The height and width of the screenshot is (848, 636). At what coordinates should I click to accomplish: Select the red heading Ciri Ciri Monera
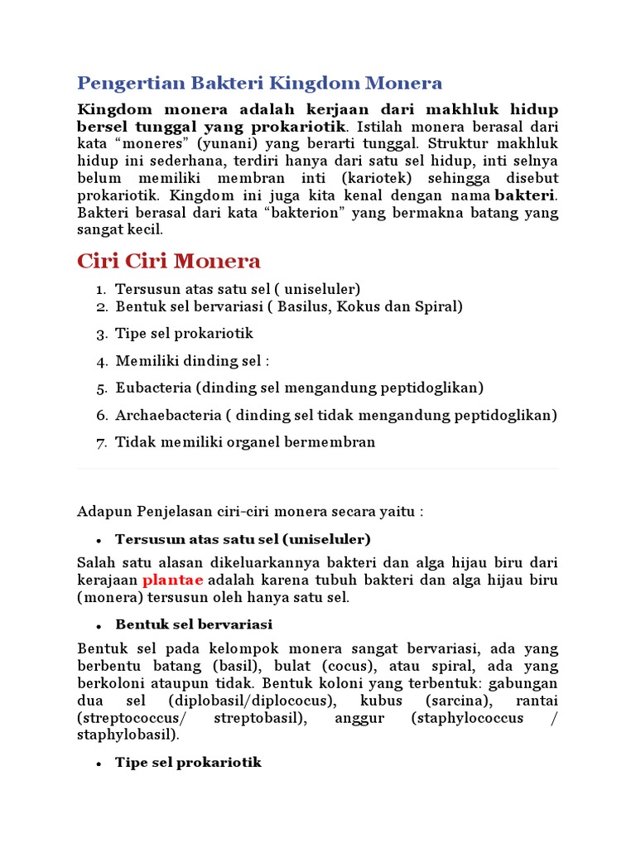point(169,262)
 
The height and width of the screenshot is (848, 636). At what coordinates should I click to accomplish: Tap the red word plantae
point(172,580)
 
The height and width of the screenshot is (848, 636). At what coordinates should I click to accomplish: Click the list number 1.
point(99,289)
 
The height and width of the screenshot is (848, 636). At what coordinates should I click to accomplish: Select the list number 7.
point(100,442)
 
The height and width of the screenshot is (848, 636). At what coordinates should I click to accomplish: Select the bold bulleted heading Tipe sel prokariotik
point(188,762)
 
